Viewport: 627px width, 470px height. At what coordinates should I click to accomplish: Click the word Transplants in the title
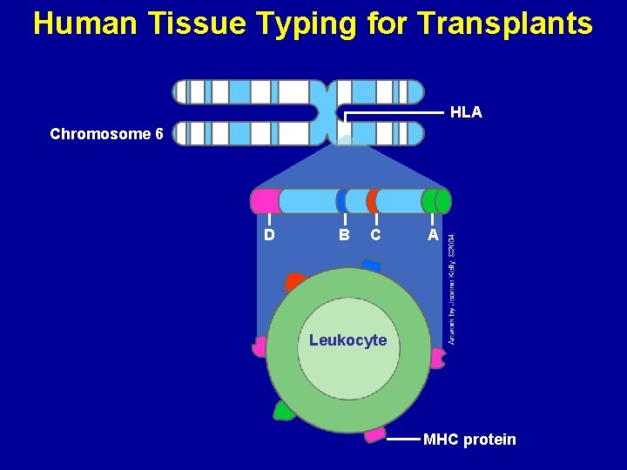tap(505, 23)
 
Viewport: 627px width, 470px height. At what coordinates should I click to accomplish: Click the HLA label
tap(466, 113)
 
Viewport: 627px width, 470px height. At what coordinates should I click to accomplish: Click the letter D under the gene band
tap(270, 235)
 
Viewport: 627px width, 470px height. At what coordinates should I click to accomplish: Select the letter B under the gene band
tap(345, 235)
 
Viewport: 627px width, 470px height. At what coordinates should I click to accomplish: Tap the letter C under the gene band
tap(375, 235)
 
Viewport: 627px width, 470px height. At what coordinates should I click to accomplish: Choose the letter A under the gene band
tap(433, 235)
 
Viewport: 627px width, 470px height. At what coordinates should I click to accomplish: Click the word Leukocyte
tap(347, 339)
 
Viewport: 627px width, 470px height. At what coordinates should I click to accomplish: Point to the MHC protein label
tap(469, 440)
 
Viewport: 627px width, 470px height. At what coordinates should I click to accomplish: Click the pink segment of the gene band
tap(266, 201)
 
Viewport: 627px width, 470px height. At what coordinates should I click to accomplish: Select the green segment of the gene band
tap(436, 201)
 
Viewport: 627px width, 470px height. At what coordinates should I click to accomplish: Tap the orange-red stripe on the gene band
tap(372, 201)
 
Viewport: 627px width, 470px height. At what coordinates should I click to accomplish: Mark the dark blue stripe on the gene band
tap(341, 201)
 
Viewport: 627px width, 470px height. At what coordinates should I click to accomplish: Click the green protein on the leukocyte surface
tap(283, 410)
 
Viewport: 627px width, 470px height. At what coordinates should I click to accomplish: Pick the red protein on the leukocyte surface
tap(295, 282)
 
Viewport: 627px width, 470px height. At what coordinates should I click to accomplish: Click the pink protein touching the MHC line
tap(375, 433)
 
